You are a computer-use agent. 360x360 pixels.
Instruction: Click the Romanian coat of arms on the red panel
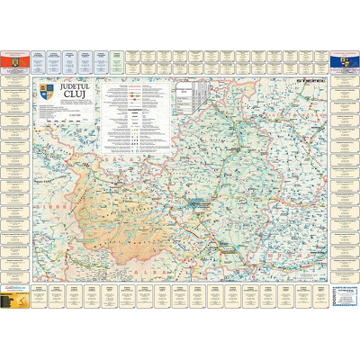pos(14,59)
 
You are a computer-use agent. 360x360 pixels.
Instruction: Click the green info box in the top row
pos(115,59)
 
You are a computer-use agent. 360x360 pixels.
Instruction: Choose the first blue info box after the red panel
pos(39,59)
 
